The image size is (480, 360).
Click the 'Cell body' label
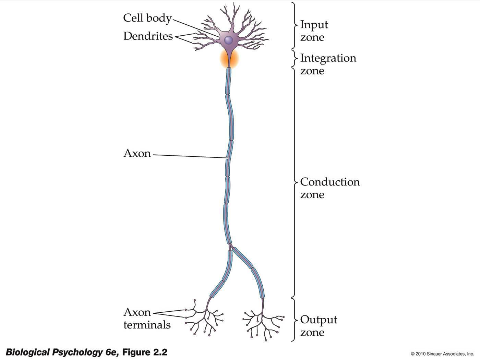(147, 18)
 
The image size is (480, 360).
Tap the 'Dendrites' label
(148, 36)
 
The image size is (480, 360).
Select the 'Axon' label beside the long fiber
(137, 153)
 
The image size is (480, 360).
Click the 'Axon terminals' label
(146, 319)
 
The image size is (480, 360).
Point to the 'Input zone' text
(314, 31)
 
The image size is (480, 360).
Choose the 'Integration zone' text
(328, 64)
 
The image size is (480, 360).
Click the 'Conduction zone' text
(329, 188)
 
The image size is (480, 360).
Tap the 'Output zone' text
(318, 326)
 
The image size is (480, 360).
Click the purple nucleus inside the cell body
(228, 40)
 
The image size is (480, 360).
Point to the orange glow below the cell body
(229, 59)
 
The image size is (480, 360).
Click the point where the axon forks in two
(230, 245)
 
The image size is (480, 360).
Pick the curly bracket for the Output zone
(293, 320)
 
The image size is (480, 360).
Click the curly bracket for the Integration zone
(294, 59)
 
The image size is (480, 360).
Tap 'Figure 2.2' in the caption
(144, 352)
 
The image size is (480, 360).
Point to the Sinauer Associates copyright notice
(442, 354)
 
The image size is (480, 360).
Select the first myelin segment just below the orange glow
(228, 81)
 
